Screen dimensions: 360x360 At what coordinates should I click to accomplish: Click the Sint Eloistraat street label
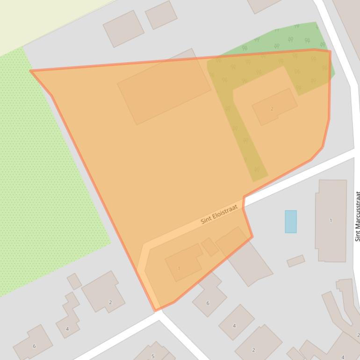tap(219, 214)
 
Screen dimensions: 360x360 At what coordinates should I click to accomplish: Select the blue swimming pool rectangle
tap(290, 221)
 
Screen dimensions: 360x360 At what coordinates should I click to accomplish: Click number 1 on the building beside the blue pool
tap(331, 220)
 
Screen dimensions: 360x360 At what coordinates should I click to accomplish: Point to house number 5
tap(152, 356)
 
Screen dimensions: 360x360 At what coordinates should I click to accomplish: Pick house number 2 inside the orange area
tap(272, 108)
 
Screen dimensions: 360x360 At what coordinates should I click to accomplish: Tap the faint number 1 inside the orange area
tap(179, 268)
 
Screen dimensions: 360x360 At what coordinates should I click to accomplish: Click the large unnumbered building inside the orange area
tap(164, 87)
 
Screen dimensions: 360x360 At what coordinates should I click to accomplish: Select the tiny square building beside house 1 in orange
tap(210, 247)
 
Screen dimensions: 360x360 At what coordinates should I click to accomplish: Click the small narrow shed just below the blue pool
tap(295, 261)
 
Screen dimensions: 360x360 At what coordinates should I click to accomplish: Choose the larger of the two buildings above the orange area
tap(123, 28)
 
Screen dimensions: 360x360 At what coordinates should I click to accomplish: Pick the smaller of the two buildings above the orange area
tap(161, 15)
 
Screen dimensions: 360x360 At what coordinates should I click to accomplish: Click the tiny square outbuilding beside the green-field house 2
tap(74, 281)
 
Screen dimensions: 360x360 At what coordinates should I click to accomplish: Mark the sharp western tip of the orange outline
tap(30, 71)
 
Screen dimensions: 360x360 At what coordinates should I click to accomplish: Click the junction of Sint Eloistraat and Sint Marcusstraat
tap(354, 151)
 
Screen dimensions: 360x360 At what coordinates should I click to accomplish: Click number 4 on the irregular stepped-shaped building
tap(67, 329)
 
